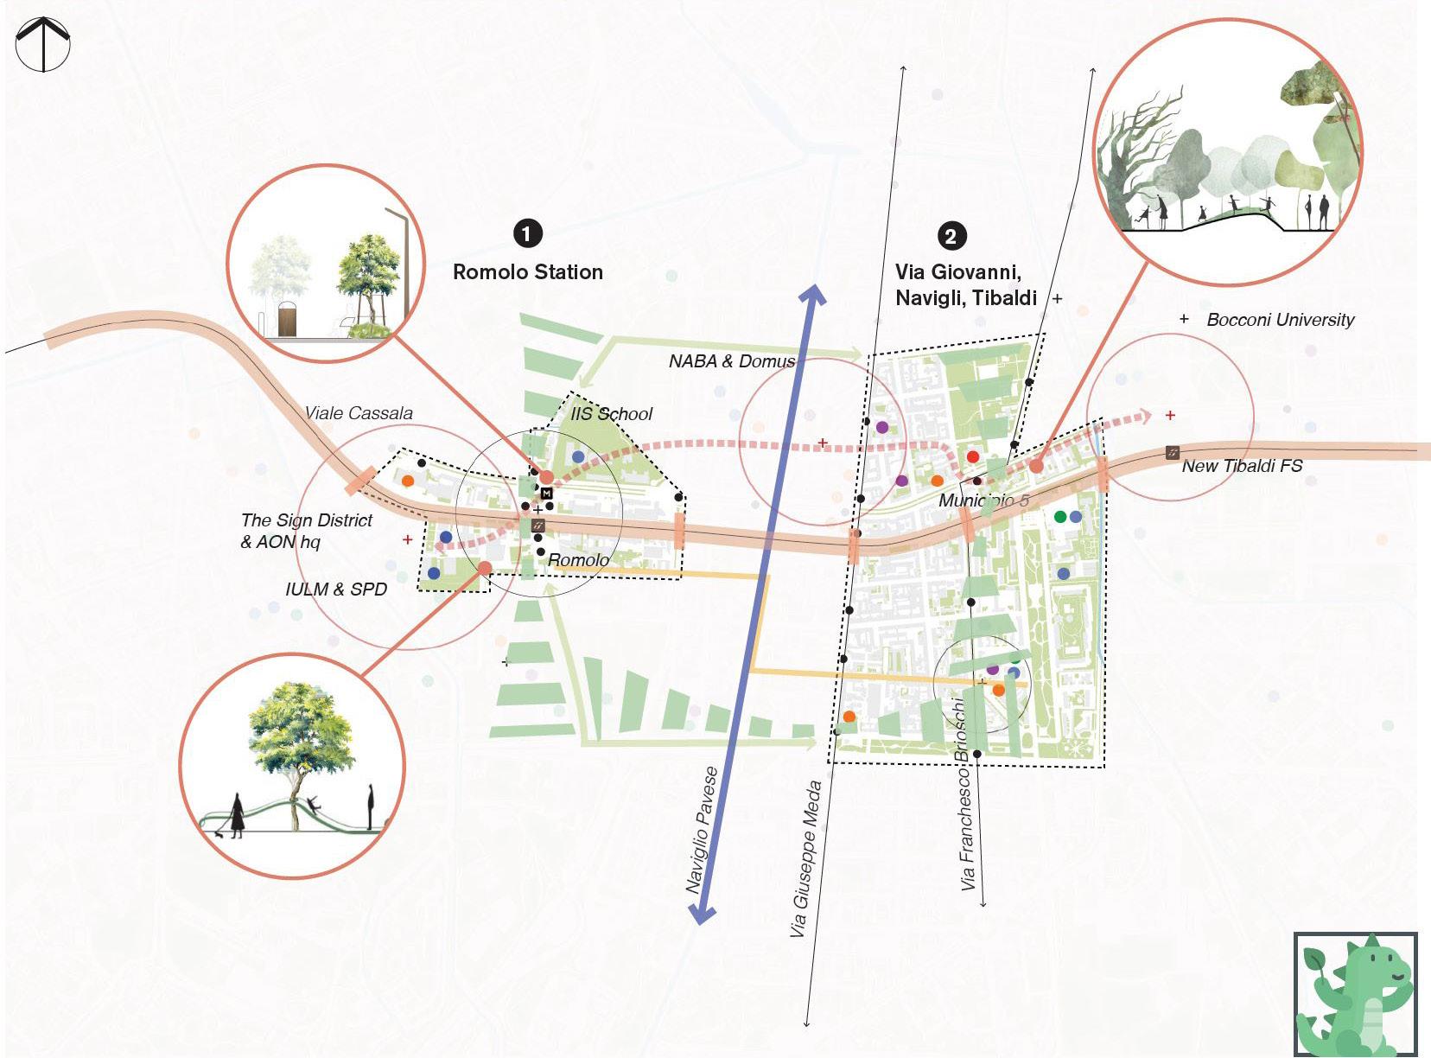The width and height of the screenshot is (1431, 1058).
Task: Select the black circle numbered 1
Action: click(527, 233)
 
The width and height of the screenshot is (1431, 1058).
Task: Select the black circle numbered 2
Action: click(951, 236)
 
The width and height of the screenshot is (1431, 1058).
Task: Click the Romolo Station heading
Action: click(528, 272)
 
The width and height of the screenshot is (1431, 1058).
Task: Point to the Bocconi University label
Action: click(1280, 320)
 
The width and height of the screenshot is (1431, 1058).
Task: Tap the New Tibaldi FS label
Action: click(1242, 466)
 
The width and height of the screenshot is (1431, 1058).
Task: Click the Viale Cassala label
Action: click(359, 413)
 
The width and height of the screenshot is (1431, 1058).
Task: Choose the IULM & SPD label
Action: click(336, 590)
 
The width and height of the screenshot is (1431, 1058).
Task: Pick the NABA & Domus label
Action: click(731, 361)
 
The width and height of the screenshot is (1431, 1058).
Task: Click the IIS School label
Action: click(611, 414)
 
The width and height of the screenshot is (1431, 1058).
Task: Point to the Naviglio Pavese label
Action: click(702, 830)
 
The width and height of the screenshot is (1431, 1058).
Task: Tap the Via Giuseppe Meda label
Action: click(805, 859)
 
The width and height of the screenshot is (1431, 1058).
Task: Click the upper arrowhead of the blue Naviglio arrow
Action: click(812, 295)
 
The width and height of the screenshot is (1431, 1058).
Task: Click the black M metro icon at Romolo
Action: click(546, 493)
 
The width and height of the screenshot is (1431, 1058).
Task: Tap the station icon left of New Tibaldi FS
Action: click(1173, 452)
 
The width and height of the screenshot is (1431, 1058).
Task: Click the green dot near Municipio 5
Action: click(1060, 517)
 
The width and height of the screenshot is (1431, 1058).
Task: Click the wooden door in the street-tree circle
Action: click(287, 320)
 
